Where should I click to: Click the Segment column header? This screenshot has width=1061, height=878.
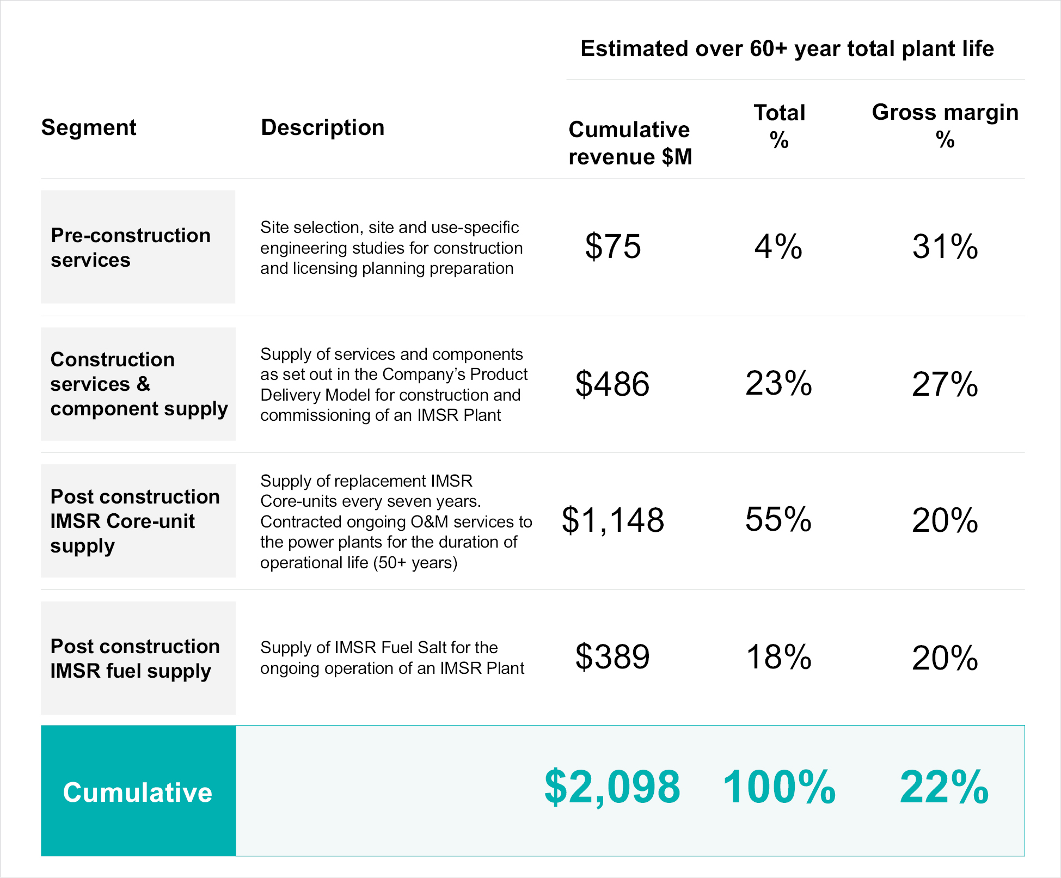pyautogui.click(x=89, y=128)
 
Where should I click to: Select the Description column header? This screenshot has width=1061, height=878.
pyautogui.click(x=322, y=128)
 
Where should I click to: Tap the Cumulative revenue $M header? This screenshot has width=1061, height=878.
pyautogui.click(x=630, y=143)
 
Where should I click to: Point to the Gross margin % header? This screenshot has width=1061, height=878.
pyautogui.click(x=945, y=126)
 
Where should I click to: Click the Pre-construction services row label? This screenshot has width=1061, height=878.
pyautogui.click(x=131, y=248)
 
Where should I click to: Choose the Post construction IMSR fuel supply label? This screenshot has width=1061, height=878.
pyautogui.click(x=135, y=659)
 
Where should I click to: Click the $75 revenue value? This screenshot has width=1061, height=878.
pyautogui.click(x=613, y=247)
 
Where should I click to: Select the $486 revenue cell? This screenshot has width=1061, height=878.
pyautogui.click(x=612, y=384)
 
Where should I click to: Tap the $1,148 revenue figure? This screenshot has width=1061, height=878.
pyautogui.click(x=613, y=520)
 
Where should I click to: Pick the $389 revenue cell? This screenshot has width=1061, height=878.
pyautogui.click(x=612, y=657)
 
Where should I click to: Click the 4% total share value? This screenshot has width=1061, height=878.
pyautogui.click(x=778, y=247)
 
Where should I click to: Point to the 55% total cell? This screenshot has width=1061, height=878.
pyautogui.click(x=778, y=520)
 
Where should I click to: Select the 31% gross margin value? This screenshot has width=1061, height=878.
pyautogui.click(x=945, y=247)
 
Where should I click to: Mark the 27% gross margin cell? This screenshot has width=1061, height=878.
pyautogui.click(x=945, y=384)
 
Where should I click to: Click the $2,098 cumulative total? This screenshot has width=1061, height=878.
pyautogui.click(x=612, y=787)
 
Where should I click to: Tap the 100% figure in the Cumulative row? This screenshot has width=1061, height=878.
pyautogui.click(x=779, y=787)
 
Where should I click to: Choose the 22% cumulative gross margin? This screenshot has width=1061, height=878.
pyautogui.click(x=945, y=787)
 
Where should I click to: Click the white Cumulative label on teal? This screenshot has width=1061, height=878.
pyautogui.click(x=138, y=793)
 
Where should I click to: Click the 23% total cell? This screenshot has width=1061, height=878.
pyautogui.click(x=778, y=384)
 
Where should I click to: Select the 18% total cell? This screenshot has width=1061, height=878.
pyautogui.click(x=779, y=657)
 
